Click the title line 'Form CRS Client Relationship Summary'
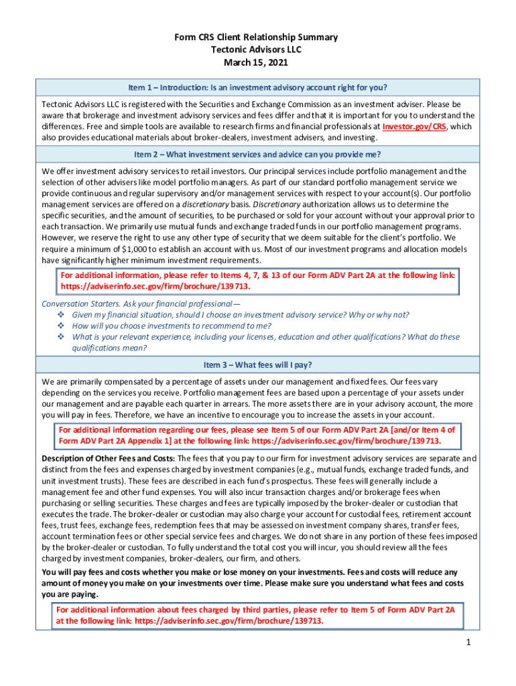pos(257,38)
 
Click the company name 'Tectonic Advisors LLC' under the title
pos(257,50)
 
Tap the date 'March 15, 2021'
pos(257,63)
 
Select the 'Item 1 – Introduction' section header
pos(258,88)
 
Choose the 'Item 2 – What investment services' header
pos(258,155)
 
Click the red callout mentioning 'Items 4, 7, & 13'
pos(258,281)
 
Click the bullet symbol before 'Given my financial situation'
pos(61,315)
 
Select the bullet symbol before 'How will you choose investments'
pos(61,326)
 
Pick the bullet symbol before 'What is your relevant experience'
pos(61,337)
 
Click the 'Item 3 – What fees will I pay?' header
pos(258,365)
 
